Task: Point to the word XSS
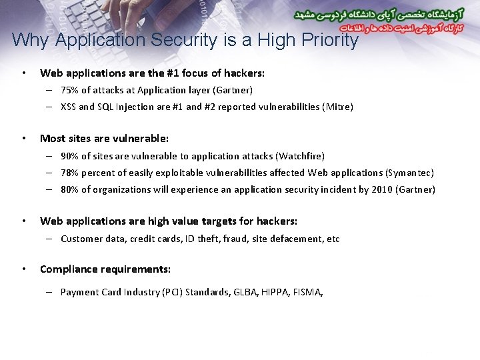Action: tap(68, 107)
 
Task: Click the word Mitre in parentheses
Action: tap(338, 107)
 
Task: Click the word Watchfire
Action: tap(301, 156)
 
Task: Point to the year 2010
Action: tap(381, 189)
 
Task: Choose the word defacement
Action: tap(287, 239)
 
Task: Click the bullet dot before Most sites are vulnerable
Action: tap(24, 139)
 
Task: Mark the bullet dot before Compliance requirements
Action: tap(24, 269)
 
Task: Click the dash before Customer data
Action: tap(50, 239)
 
